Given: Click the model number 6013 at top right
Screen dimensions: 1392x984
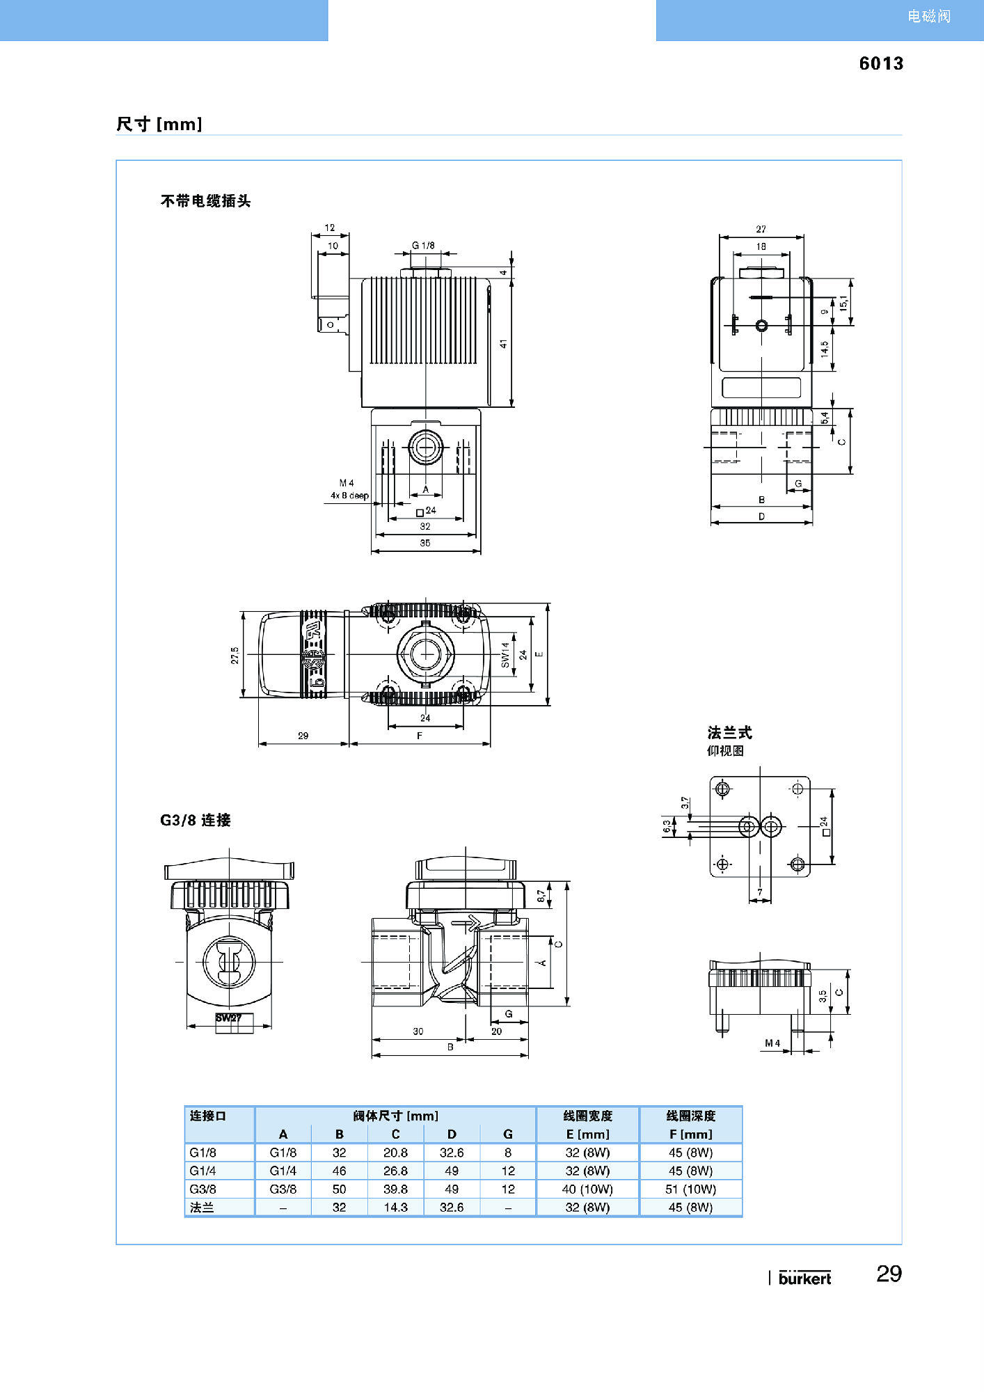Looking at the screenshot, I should (x=880, y=63).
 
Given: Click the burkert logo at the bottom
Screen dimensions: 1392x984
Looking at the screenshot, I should (x=804, y=1278).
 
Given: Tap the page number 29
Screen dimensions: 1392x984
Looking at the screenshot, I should (x=889, y=1274).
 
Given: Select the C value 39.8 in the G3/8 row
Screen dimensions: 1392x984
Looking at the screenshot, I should (x=395, y=1189).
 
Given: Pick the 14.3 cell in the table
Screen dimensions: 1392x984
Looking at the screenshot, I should (x=395, y=1207).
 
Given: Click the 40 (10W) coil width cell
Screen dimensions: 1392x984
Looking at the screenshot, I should (x=587, y=1189).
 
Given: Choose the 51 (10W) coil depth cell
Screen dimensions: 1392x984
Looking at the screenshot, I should (x=690, y=1189).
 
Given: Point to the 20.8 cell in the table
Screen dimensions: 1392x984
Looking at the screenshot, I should (x=395, y=1153).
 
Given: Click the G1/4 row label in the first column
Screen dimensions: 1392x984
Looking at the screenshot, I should (x=203, y=1171).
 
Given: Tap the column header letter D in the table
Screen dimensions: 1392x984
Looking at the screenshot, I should (x=452, y=1134).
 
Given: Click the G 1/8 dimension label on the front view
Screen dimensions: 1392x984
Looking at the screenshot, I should (x=423, y=246).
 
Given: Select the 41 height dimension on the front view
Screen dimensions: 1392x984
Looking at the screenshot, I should (x=503, y=344).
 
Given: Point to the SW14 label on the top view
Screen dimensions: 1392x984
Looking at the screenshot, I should (x=505, y=654).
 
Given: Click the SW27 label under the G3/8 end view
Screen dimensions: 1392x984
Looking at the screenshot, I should (x=228, y=1018).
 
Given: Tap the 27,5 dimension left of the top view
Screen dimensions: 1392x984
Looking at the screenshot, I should (x=235, y=655).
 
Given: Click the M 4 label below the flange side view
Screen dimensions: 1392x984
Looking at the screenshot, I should (x=772, y=1043).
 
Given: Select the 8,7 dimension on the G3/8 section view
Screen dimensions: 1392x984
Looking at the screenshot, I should (x=541, y=896).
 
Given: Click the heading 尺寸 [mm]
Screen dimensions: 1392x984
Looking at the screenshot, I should (x=159, y=124).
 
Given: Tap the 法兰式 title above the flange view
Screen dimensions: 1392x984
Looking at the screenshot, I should (x=729, y=732).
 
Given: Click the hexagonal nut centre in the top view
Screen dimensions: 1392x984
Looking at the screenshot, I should (x=425, y=654).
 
